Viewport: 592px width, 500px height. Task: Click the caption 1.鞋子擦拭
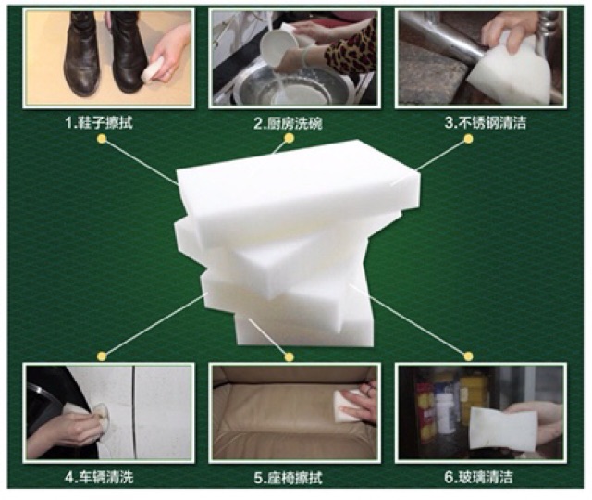point(99,123)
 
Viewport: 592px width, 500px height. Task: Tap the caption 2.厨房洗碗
point(288,123)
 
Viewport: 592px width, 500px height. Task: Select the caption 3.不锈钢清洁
point(486,123)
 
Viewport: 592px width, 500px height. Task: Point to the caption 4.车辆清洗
point(99,478)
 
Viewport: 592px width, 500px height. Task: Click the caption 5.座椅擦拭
point(288,478)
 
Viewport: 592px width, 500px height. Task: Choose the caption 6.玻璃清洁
point(478,478)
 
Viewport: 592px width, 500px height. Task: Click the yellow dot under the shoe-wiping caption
point(102,140)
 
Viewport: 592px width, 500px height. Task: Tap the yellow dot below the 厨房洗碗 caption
point(290,139)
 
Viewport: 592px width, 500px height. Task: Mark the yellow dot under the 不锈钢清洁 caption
point(468,140)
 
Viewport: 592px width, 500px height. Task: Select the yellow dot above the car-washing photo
point(102,356)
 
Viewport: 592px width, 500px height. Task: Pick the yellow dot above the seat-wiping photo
point(290,356)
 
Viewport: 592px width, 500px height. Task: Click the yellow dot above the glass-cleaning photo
point(468,356)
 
